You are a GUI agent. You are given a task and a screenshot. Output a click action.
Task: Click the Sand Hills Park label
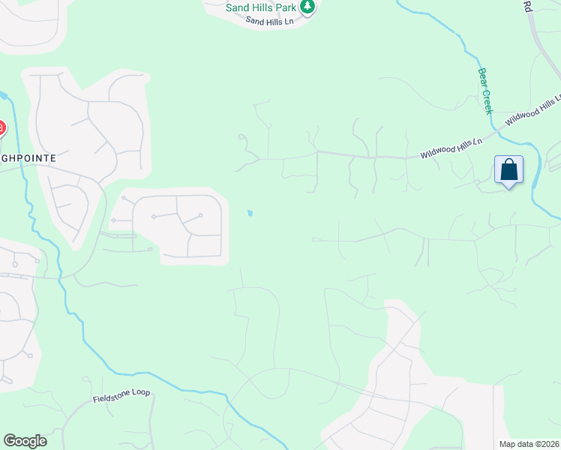(x=261, y=7)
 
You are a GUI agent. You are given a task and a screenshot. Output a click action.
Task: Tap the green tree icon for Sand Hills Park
(x=307, y=7)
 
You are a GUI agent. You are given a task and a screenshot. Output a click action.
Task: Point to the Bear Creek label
(x=484, y=91)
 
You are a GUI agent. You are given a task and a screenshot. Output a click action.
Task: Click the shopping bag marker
(x=508, y=169)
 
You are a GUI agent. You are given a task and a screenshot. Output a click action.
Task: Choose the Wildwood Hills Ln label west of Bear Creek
(x=450, y=148)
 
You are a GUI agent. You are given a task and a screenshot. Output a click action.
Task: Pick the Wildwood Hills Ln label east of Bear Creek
(x=532, y=110)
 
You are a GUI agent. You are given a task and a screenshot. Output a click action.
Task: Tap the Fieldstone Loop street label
(x=121, y=394)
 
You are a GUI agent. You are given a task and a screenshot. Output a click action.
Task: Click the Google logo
(x=25, y=441)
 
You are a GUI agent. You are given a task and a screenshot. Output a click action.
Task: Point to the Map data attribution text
(x=529, y=444)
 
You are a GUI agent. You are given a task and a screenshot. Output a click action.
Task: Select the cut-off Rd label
(x=527, y=6)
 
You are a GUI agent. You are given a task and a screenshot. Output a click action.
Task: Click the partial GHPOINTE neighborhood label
(x=28, y=159)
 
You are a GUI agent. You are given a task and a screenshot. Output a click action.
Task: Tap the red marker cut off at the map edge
(x=1, y=128)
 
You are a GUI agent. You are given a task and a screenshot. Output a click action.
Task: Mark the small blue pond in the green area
(x=250, y=213)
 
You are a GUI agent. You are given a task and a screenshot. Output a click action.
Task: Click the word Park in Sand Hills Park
(x=286, y=7)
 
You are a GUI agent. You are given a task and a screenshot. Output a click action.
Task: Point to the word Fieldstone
(x=111, y=396)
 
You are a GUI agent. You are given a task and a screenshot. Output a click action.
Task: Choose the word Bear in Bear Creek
(x=481, y=77)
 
